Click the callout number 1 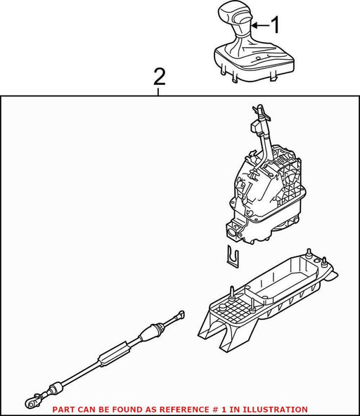(276, 25)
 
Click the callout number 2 (160, 77)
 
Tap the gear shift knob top (234, 15)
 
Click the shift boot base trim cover (254, 63)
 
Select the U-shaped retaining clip (233, 256)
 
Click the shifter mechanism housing (266, 196)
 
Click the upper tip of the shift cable (182, 314)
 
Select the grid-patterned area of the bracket (231, 311)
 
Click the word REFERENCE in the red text (182, 410)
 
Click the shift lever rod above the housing (264, 138)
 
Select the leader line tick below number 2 (158, 92)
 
